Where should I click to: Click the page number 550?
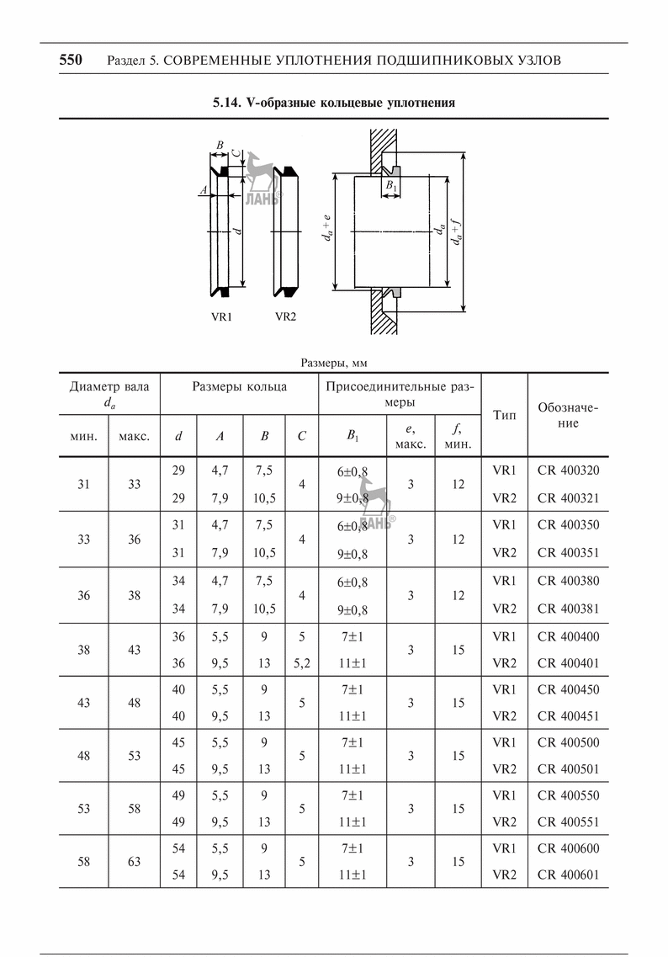coord(70,60)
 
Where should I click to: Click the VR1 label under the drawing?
coord(222,318)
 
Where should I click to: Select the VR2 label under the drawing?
coord(286,318)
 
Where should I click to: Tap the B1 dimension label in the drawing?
coord(391,184)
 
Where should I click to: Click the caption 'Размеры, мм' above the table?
coord(334,363)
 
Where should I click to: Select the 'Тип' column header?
coord(504,415)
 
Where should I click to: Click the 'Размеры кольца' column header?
coord(239,387)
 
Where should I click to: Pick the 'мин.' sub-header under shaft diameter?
coord(84,436)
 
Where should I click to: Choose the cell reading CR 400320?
coord(568,471)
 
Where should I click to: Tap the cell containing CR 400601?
coord(568,875)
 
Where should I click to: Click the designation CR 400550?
coord(568,795)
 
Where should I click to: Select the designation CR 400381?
coord(568,609)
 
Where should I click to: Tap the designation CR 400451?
coord(568,716)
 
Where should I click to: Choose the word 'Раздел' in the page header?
coord(126,61)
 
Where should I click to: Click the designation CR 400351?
coord(568,553)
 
